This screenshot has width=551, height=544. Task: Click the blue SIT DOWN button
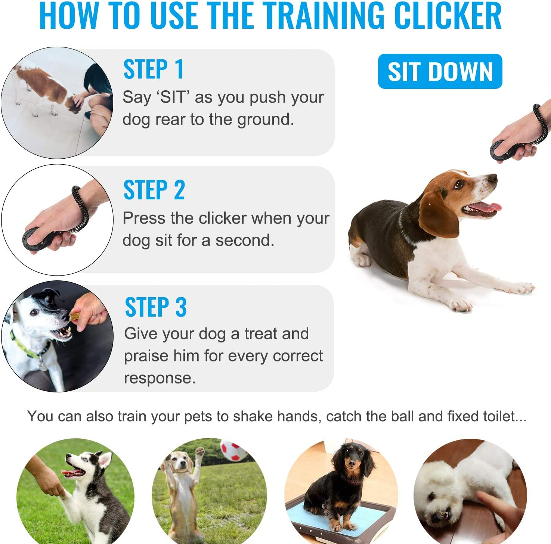(440, 71)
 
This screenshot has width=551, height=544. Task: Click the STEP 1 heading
(153, 69)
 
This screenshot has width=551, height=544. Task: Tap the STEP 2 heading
(154, 190)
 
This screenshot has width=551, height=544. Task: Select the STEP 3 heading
(155, 307)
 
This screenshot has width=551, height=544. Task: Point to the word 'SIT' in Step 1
(173, 97)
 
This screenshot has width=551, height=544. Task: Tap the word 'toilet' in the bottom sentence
(499, 416)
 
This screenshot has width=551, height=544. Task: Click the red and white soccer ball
(233, 450)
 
